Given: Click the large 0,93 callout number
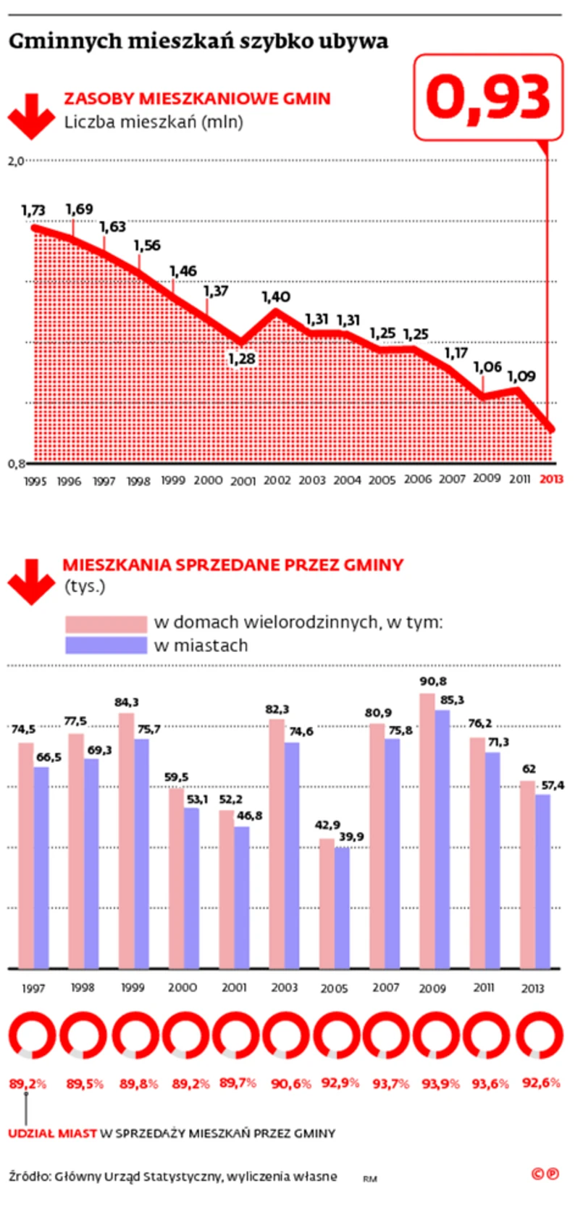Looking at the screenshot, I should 488,97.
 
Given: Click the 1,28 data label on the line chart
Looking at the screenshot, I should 242,359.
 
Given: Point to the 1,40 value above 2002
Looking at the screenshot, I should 276,296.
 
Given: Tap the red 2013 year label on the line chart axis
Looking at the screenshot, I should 552,479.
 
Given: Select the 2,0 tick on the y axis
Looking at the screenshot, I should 16,161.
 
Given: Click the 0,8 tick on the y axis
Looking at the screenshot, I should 16,463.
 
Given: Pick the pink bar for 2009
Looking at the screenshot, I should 427,830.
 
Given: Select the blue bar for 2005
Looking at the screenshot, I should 342,907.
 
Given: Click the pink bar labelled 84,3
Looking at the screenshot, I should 126,841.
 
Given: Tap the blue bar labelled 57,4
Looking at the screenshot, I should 542,881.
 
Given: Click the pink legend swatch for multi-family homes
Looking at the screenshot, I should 106,623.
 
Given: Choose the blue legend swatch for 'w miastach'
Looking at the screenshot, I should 106,646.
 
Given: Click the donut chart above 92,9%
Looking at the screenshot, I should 339,1035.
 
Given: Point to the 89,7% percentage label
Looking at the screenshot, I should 238,1083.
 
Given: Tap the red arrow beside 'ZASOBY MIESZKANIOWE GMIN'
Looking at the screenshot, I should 31,115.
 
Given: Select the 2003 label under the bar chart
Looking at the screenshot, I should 284,987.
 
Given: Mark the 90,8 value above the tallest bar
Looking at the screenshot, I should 433,681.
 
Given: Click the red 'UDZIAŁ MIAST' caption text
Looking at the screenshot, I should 52,1133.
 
